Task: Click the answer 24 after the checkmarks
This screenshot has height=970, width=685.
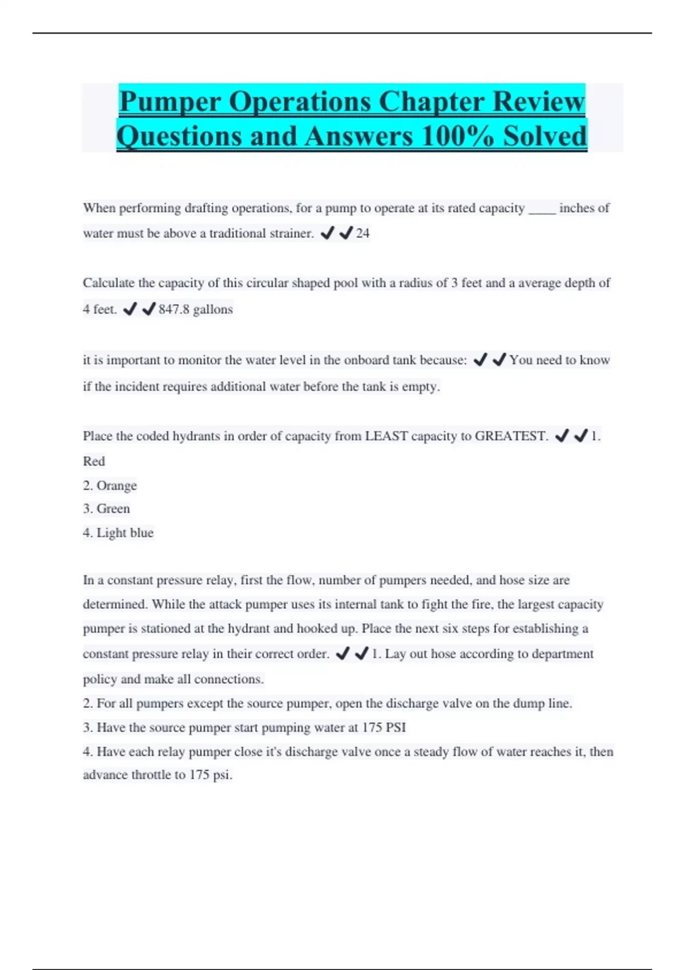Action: [x=362, y=233]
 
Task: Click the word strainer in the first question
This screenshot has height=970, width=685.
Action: [x=290, y=233]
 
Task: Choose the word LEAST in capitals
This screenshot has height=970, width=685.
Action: [x=386, y=436]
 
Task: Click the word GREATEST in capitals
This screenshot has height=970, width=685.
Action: [x=511, y=436]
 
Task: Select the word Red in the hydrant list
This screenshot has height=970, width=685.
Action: [x=94, y=461]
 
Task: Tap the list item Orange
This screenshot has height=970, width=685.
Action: [x=116, y=486]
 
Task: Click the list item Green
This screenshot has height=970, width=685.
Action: [x=113, y=508]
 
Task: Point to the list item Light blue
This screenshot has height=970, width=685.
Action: [x=124, y=533]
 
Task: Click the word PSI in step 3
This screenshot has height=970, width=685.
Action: [x=396, y=727]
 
